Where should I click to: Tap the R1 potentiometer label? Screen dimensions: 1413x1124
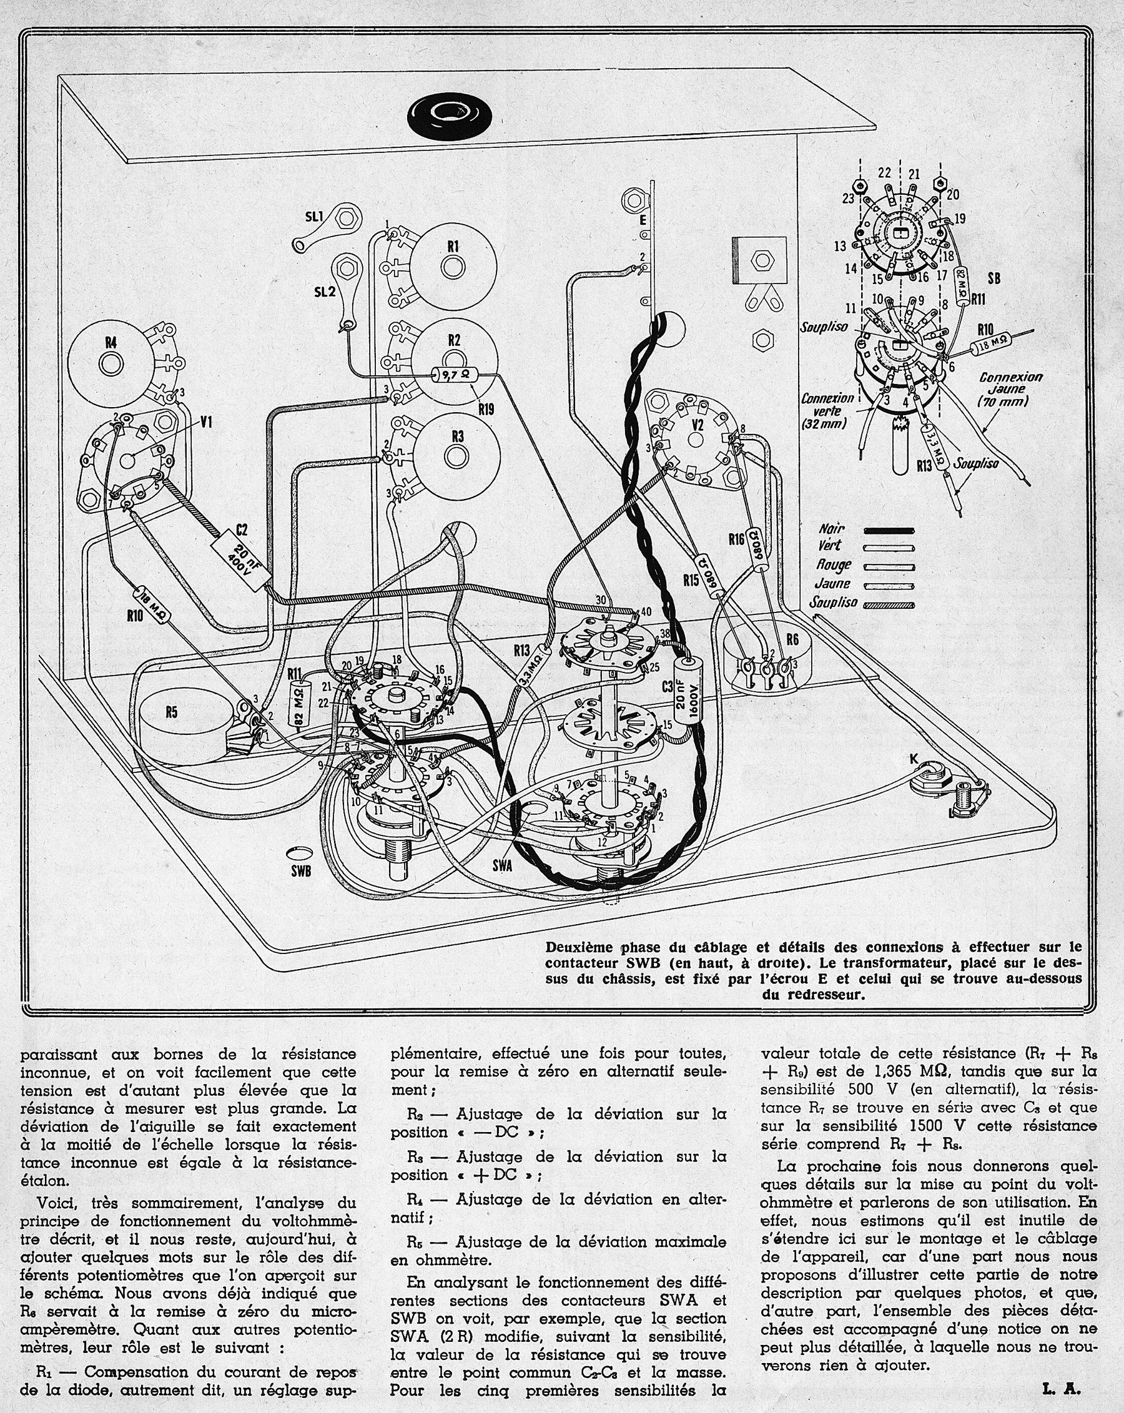(453, 246)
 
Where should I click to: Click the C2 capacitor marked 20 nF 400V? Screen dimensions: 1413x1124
(242, 558)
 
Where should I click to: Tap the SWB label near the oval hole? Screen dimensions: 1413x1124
(300, 871)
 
